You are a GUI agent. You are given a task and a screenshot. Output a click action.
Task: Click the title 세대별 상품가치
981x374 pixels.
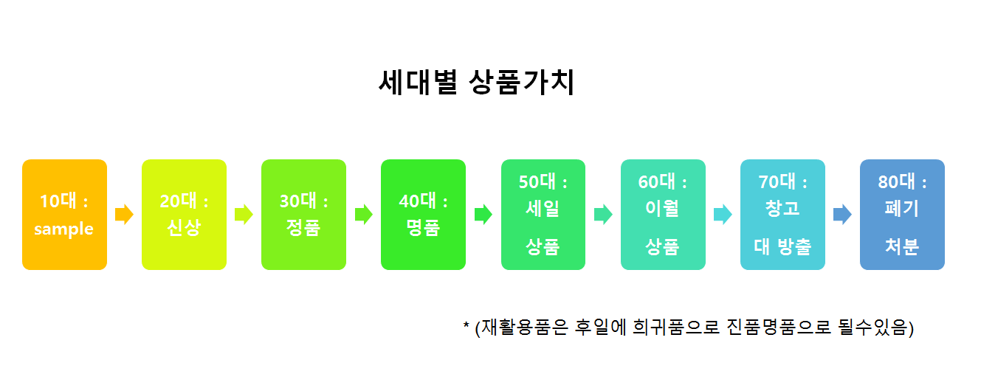476,83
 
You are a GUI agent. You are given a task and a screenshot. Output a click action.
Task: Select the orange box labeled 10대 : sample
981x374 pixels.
65,215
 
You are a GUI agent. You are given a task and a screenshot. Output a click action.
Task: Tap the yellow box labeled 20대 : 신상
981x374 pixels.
184,215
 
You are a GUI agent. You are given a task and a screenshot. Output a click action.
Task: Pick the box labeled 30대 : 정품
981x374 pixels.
303,215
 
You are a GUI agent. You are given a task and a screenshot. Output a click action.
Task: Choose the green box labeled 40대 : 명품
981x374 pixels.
423,215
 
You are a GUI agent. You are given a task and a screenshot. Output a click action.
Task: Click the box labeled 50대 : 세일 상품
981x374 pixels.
543,215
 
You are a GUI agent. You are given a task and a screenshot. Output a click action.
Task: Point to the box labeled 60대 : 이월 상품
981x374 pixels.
662,215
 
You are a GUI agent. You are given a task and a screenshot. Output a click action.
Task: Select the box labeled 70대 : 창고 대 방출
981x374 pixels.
782,215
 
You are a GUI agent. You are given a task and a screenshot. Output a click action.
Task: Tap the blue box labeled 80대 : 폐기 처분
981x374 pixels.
902,215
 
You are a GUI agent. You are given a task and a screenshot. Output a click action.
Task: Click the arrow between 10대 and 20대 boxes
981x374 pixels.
124,215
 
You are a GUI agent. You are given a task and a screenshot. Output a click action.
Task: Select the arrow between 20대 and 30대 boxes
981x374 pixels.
244,215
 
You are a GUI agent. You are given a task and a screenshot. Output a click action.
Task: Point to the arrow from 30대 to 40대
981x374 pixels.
363,215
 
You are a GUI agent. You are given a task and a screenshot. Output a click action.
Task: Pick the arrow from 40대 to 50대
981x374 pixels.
483,215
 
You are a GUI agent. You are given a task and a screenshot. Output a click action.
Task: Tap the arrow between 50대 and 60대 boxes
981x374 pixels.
603,215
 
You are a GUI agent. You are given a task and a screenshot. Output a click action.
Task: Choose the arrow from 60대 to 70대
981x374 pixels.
723,215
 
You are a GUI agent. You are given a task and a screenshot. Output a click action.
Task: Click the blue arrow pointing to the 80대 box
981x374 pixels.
842,215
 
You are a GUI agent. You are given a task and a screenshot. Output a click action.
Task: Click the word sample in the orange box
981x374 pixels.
64,229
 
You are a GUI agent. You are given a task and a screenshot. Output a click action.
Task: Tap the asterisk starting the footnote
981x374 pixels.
466,325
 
